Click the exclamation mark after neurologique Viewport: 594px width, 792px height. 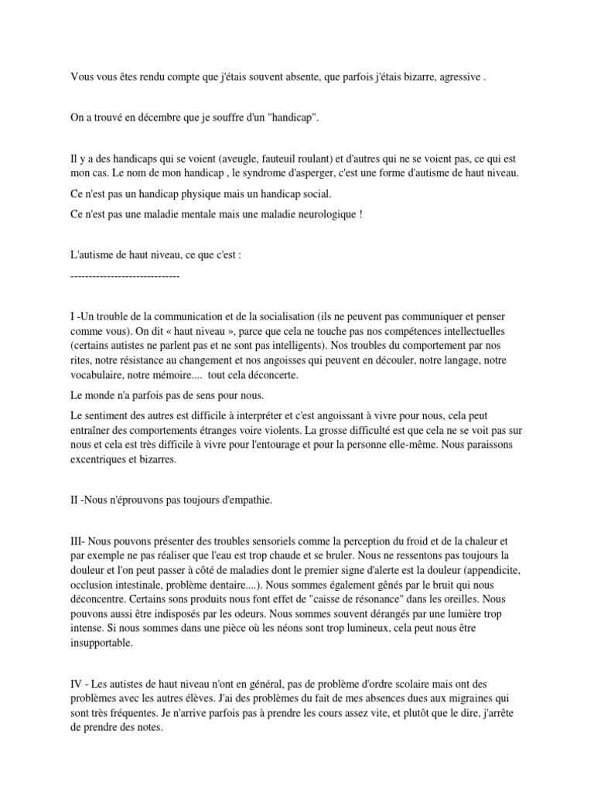click(360, 214)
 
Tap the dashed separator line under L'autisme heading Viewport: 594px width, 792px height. click(125, 275)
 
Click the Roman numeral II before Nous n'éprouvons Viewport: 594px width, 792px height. click(74, 500)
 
